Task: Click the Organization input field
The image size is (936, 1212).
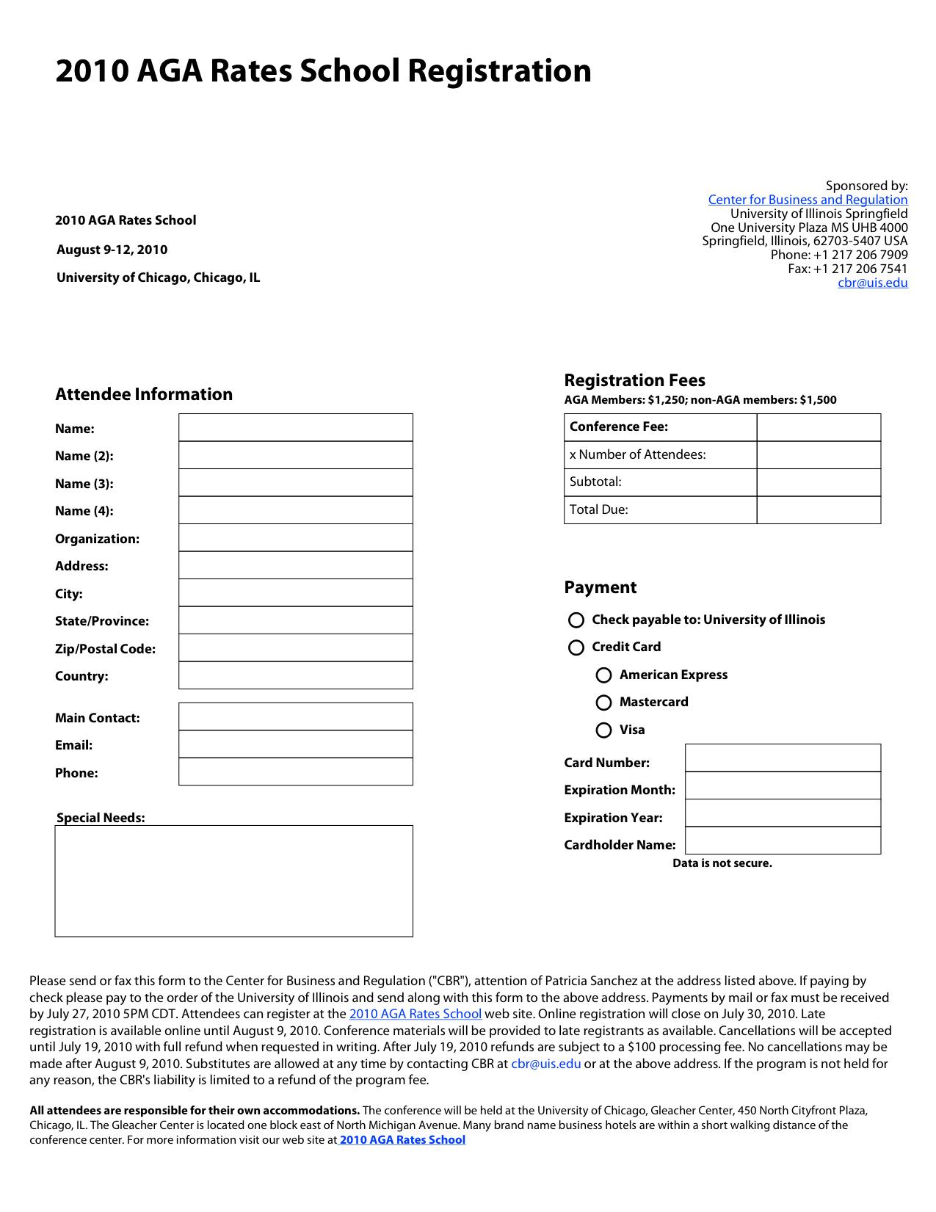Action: [x=295, y=538]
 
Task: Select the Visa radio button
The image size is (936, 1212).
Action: [x=603, y=730]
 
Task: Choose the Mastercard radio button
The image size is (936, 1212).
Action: [x=603, y=703]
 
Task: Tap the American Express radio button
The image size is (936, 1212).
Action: [x=603, y=675]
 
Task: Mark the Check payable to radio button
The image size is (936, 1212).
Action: [x=576, y=620]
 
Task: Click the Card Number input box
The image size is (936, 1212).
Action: [x=783, y=758]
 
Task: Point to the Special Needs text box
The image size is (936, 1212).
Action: [x=233, y=881]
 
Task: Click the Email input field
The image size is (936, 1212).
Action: [x=295, y=744]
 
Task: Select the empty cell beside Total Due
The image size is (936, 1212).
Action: [x=819, y=510]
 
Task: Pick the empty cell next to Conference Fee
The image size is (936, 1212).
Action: [x=819, y=427]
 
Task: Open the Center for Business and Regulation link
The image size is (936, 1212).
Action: [x=808, y=200]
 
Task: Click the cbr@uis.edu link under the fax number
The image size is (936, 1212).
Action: [x=873, y=283]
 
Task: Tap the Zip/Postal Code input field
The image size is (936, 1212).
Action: [x=295, y=648]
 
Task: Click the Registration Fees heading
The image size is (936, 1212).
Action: [x=634, y=380]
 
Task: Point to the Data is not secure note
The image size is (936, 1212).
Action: [x=722, y=863]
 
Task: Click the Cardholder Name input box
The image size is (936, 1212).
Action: [x=783, y=841]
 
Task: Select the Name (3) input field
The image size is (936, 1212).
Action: [x=295, y=483]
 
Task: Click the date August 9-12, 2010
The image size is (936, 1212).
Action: [x=112, y=250]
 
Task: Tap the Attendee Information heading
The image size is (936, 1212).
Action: [x=144, y=394]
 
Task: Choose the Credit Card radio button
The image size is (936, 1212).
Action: [x=576, y=647]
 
